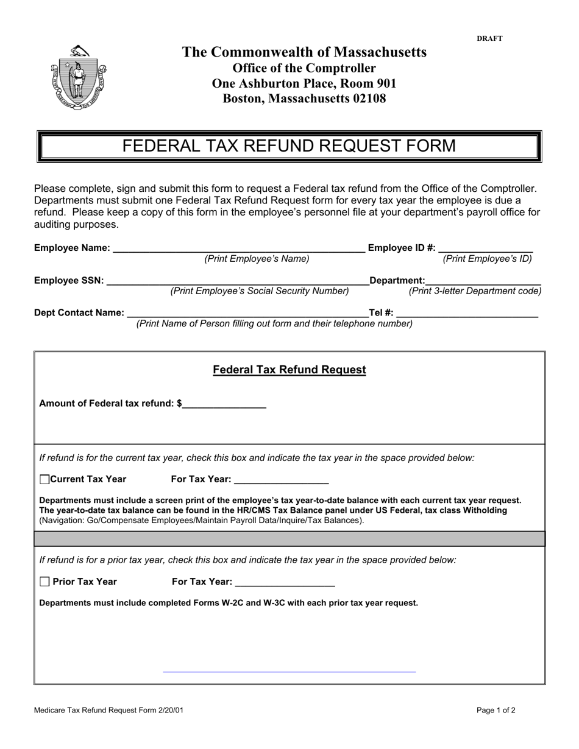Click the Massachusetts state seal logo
(x=78, y=77)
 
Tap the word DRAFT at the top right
(x=489, y=38)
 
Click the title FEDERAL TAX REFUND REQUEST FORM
(x=289, y=146)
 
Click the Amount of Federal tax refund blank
(x=224, y=403)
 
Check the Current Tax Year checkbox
(x=44, y=479)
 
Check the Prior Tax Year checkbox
(x=44, y=582)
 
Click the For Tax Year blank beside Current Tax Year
(x=281, y=479)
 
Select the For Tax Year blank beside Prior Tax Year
(x=285, y=582)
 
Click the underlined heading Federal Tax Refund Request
(x=289, y=370)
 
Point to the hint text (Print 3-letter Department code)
(x=475, y=291)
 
